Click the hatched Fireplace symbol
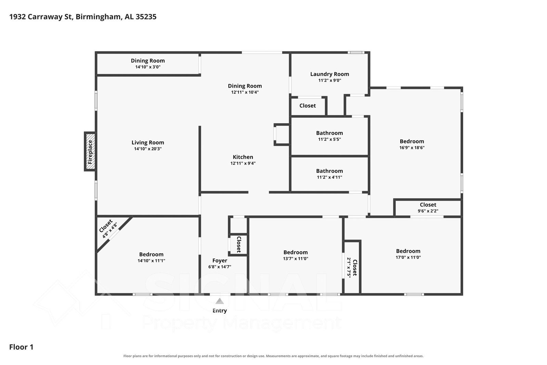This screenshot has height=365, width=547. click(x=90, y=151)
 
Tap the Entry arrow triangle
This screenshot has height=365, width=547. click(x=220, y=301)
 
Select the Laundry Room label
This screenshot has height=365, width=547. click(x=329, y=74)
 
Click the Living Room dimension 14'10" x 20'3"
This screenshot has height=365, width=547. click(x=148, y=149)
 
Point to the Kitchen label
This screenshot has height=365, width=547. click(x=243, y=157)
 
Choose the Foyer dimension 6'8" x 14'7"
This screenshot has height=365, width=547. click(x=220, y=267)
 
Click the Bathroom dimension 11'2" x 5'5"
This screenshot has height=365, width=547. click(x=329, y=139)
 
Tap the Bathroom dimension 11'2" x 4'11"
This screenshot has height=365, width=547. click(x=329, y=177)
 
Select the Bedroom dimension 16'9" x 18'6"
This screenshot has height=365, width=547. click(x=412, y=148)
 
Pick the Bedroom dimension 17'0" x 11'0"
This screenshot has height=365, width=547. click(x=408, y=257)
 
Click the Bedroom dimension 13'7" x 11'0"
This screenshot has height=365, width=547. click(x=296, y=259)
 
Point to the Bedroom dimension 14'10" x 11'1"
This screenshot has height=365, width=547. click(x=151, y=261)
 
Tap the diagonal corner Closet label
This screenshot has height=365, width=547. click(x=106, y=226)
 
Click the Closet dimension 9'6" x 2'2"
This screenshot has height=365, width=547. click(x=428, y=211)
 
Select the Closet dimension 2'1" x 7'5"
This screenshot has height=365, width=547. click(x=349, y=268)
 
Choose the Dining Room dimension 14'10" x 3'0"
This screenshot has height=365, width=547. click(x=148, y=67)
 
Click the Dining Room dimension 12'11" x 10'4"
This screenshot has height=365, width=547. click(x=245, y=92)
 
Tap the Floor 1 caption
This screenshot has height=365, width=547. click(x=21, y=347)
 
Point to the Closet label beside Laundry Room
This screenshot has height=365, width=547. click(x=308, y=105)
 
